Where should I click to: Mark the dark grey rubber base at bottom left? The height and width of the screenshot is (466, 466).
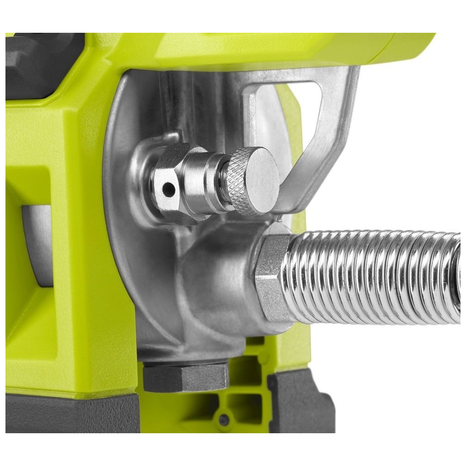[x=68, y=412]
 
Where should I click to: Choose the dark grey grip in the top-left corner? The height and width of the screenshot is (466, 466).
[x=41, y=64]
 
